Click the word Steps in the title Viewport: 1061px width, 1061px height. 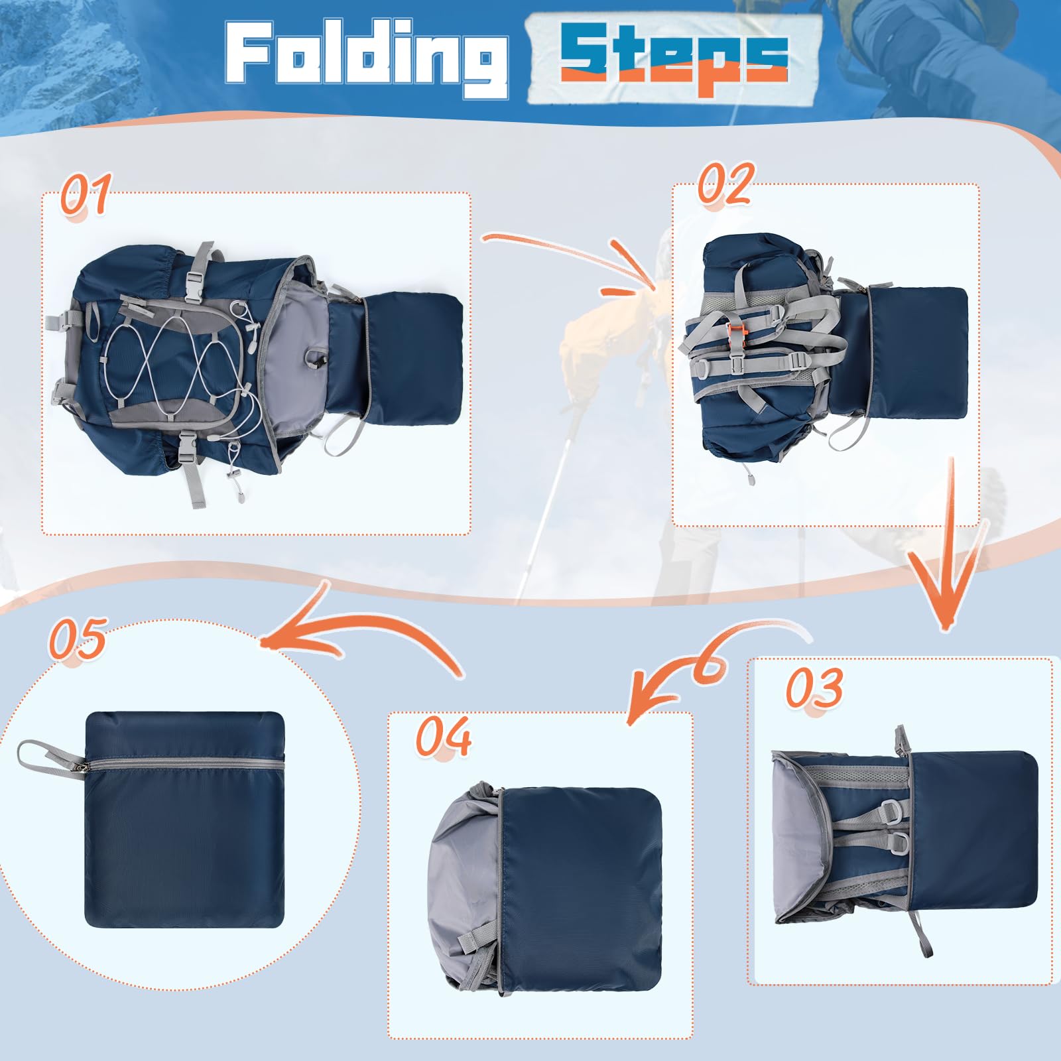click(x=674, y=58)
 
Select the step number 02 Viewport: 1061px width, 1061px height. click(x=725, y=183)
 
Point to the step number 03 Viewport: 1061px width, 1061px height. click(x=814, y=687)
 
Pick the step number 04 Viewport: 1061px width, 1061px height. click(x=444, y=735)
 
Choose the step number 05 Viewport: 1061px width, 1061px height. click(x=78, y=639)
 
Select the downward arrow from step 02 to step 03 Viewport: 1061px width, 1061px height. click(x=945, y=544)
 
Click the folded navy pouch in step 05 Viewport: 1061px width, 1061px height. click(x=185, y=820)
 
